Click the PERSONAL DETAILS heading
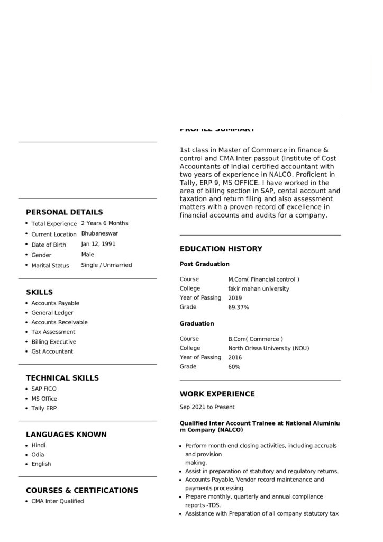click(64, 212)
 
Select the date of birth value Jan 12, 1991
click(98, 244)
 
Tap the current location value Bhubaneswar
click(99, 233)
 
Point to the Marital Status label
click(50, 266)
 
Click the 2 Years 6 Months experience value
click(104, 223)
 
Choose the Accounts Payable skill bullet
click(55, 303)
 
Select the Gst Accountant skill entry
click(52, 351)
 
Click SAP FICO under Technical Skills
click(43, 389)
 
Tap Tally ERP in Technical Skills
click(44, 408)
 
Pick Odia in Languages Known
click(38, 454)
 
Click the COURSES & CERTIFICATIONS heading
click(81, 491)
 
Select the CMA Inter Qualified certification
click(57, 501)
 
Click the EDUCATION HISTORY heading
click(221, 249)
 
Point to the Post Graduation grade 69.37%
click(238, 308)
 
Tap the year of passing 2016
click(235, 358)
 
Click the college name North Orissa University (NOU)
click(268, 348)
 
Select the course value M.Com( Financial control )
click(263, 279)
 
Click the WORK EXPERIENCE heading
click(217, 394)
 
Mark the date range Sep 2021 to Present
click(207, 407)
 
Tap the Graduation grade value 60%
click(234, 367)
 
